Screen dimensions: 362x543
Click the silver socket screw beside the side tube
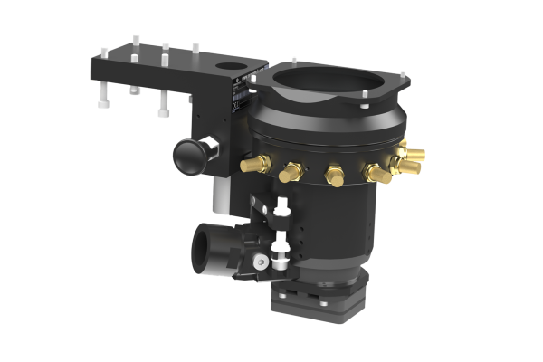tap(261, 262)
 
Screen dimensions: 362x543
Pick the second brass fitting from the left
tap(291, 171)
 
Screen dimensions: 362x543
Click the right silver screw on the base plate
tap(356, 292)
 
